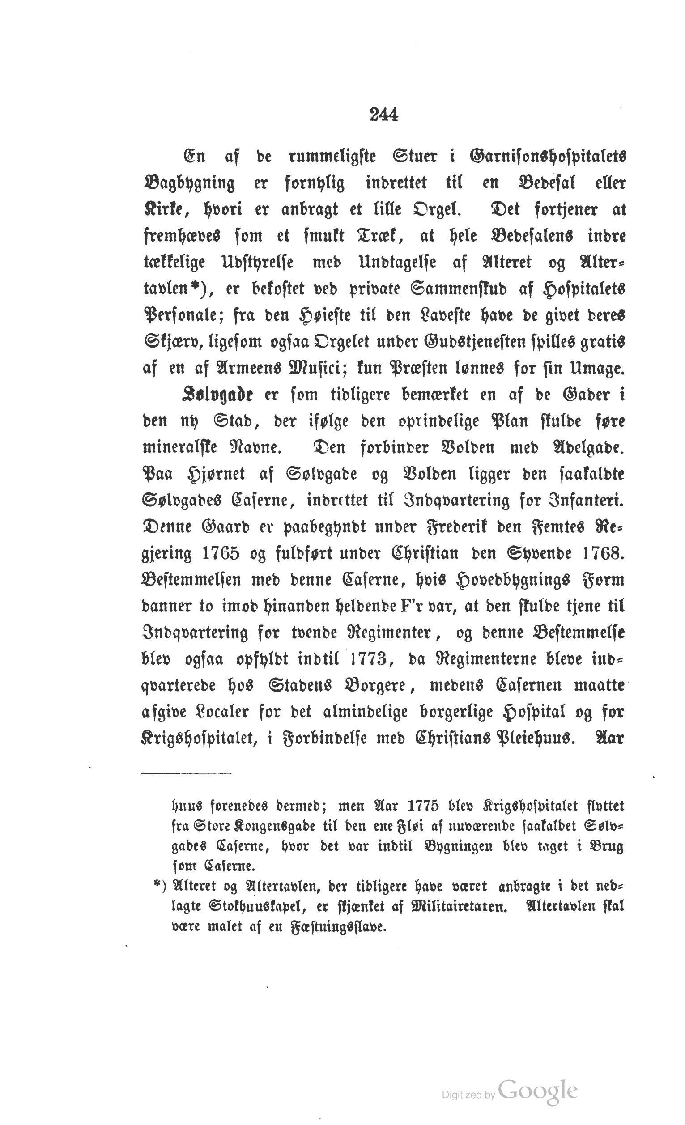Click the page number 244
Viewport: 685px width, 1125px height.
click(x=383, y=115)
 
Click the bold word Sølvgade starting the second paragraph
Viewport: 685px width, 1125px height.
click(x=217, y=395)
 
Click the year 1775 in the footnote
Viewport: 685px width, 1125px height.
click(x=419, y=807)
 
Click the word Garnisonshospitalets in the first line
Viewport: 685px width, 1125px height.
click(x=548, y=157)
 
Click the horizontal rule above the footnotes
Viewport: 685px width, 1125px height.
click(x=186, y=773)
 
